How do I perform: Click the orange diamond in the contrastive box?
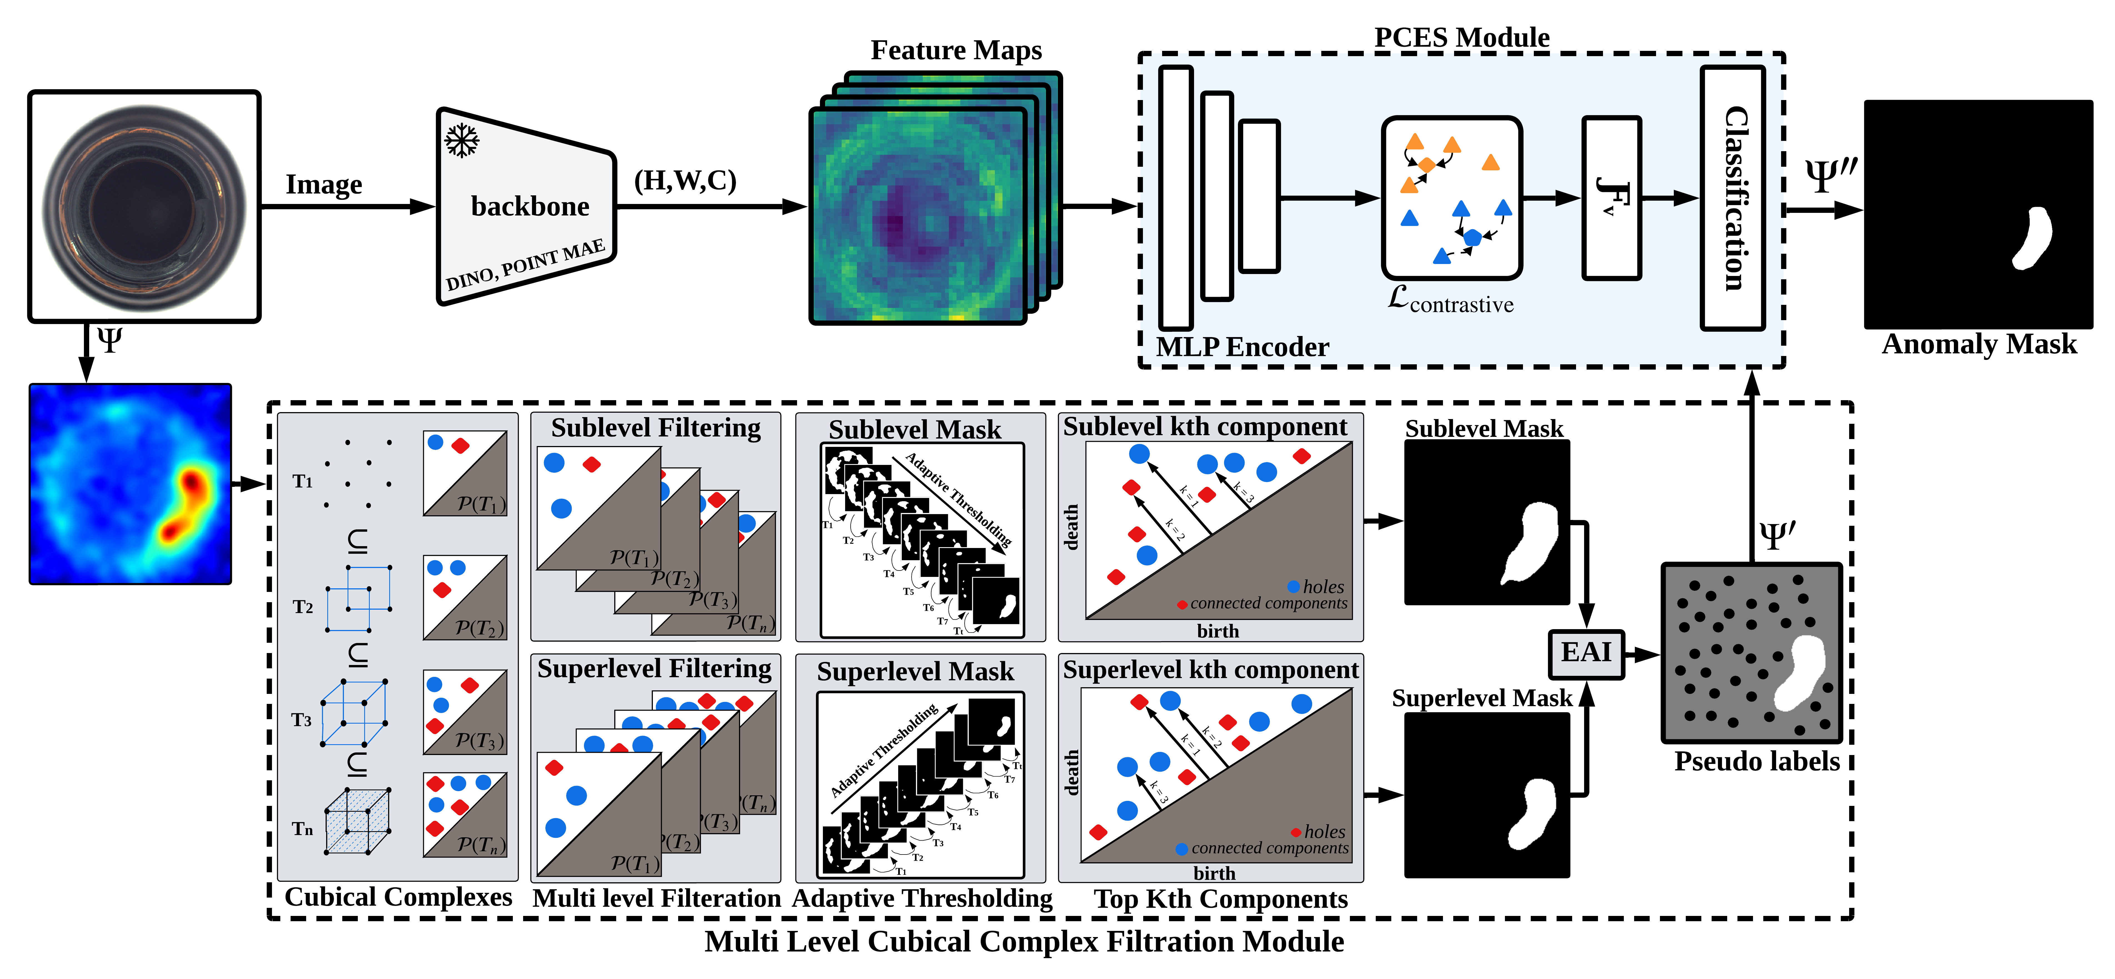tap(1427, 165)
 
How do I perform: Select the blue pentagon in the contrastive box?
tap(1473, 237)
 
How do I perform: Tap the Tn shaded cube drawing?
tap(357, 821)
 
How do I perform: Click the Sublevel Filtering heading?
tap(655, 428)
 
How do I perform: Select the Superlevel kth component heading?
tap(1210, 670)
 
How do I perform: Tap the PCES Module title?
tap(1462, 37)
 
